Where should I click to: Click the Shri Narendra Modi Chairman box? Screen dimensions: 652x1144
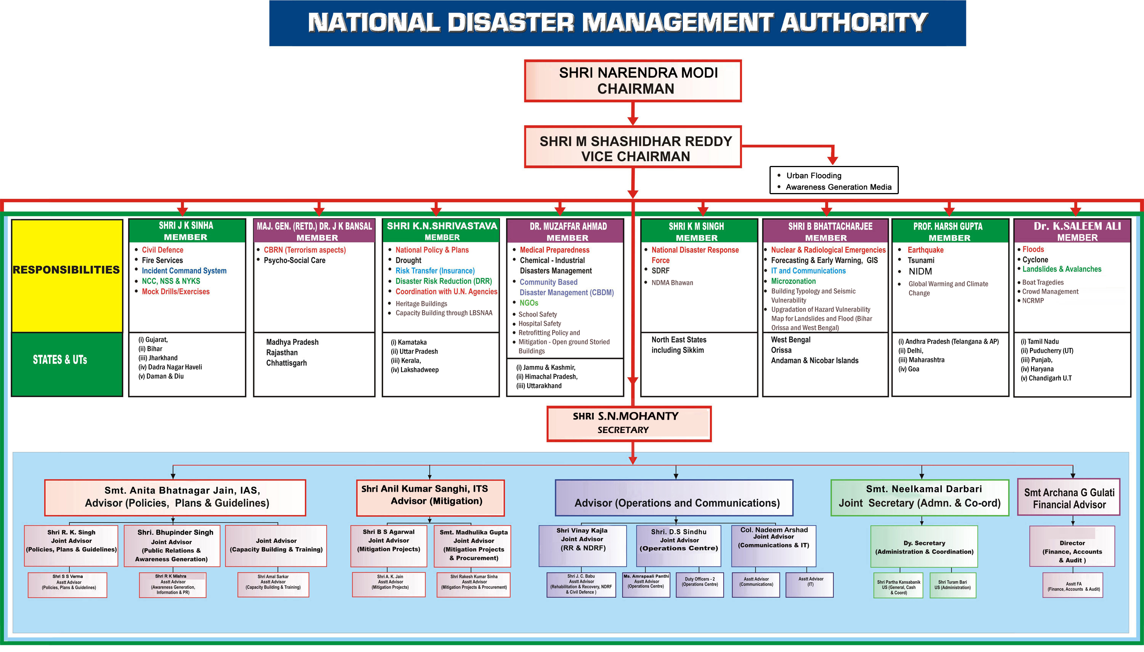[632, 80]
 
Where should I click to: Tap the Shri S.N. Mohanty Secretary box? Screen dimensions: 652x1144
[628, 423]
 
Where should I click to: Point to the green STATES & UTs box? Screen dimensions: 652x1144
[67, 364]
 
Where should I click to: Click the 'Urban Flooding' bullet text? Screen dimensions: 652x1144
[814, 175]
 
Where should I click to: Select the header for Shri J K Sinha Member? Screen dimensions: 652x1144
[186, 230]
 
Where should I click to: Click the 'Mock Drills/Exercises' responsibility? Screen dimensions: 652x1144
[175, 291]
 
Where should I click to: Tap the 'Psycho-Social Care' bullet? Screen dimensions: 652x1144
[294, 260]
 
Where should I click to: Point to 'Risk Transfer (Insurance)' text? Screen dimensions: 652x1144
[435, 270]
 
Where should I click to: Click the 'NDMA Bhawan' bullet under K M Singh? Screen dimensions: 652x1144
[672, 283]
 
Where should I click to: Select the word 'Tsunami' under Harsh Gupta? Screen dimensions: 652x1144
[921, 260]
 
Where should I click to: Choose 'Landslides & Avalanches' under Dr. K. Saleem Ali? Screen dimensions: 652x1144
[1061, 269]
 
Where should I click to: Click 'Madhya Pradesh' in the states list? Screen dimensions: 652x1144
[292, 342]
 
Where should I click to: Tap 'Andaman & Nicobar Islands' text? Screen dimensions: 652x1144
[814, 361]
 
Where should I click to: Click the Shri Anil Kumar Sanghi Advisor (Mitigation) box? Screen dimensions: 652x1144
[430, 497]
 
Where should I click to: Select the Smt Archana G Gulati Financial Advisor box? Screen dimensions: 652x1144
[1069, 498]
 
